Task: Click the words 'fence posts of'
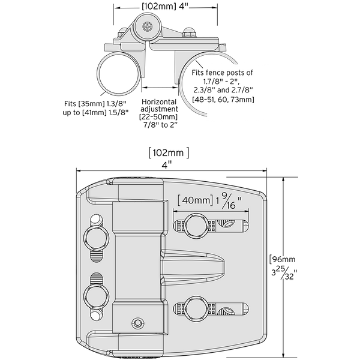[230, 72]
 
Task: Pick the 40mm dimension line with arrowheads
[210, 211]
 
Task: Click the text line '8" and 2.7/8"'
[230, 90]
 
